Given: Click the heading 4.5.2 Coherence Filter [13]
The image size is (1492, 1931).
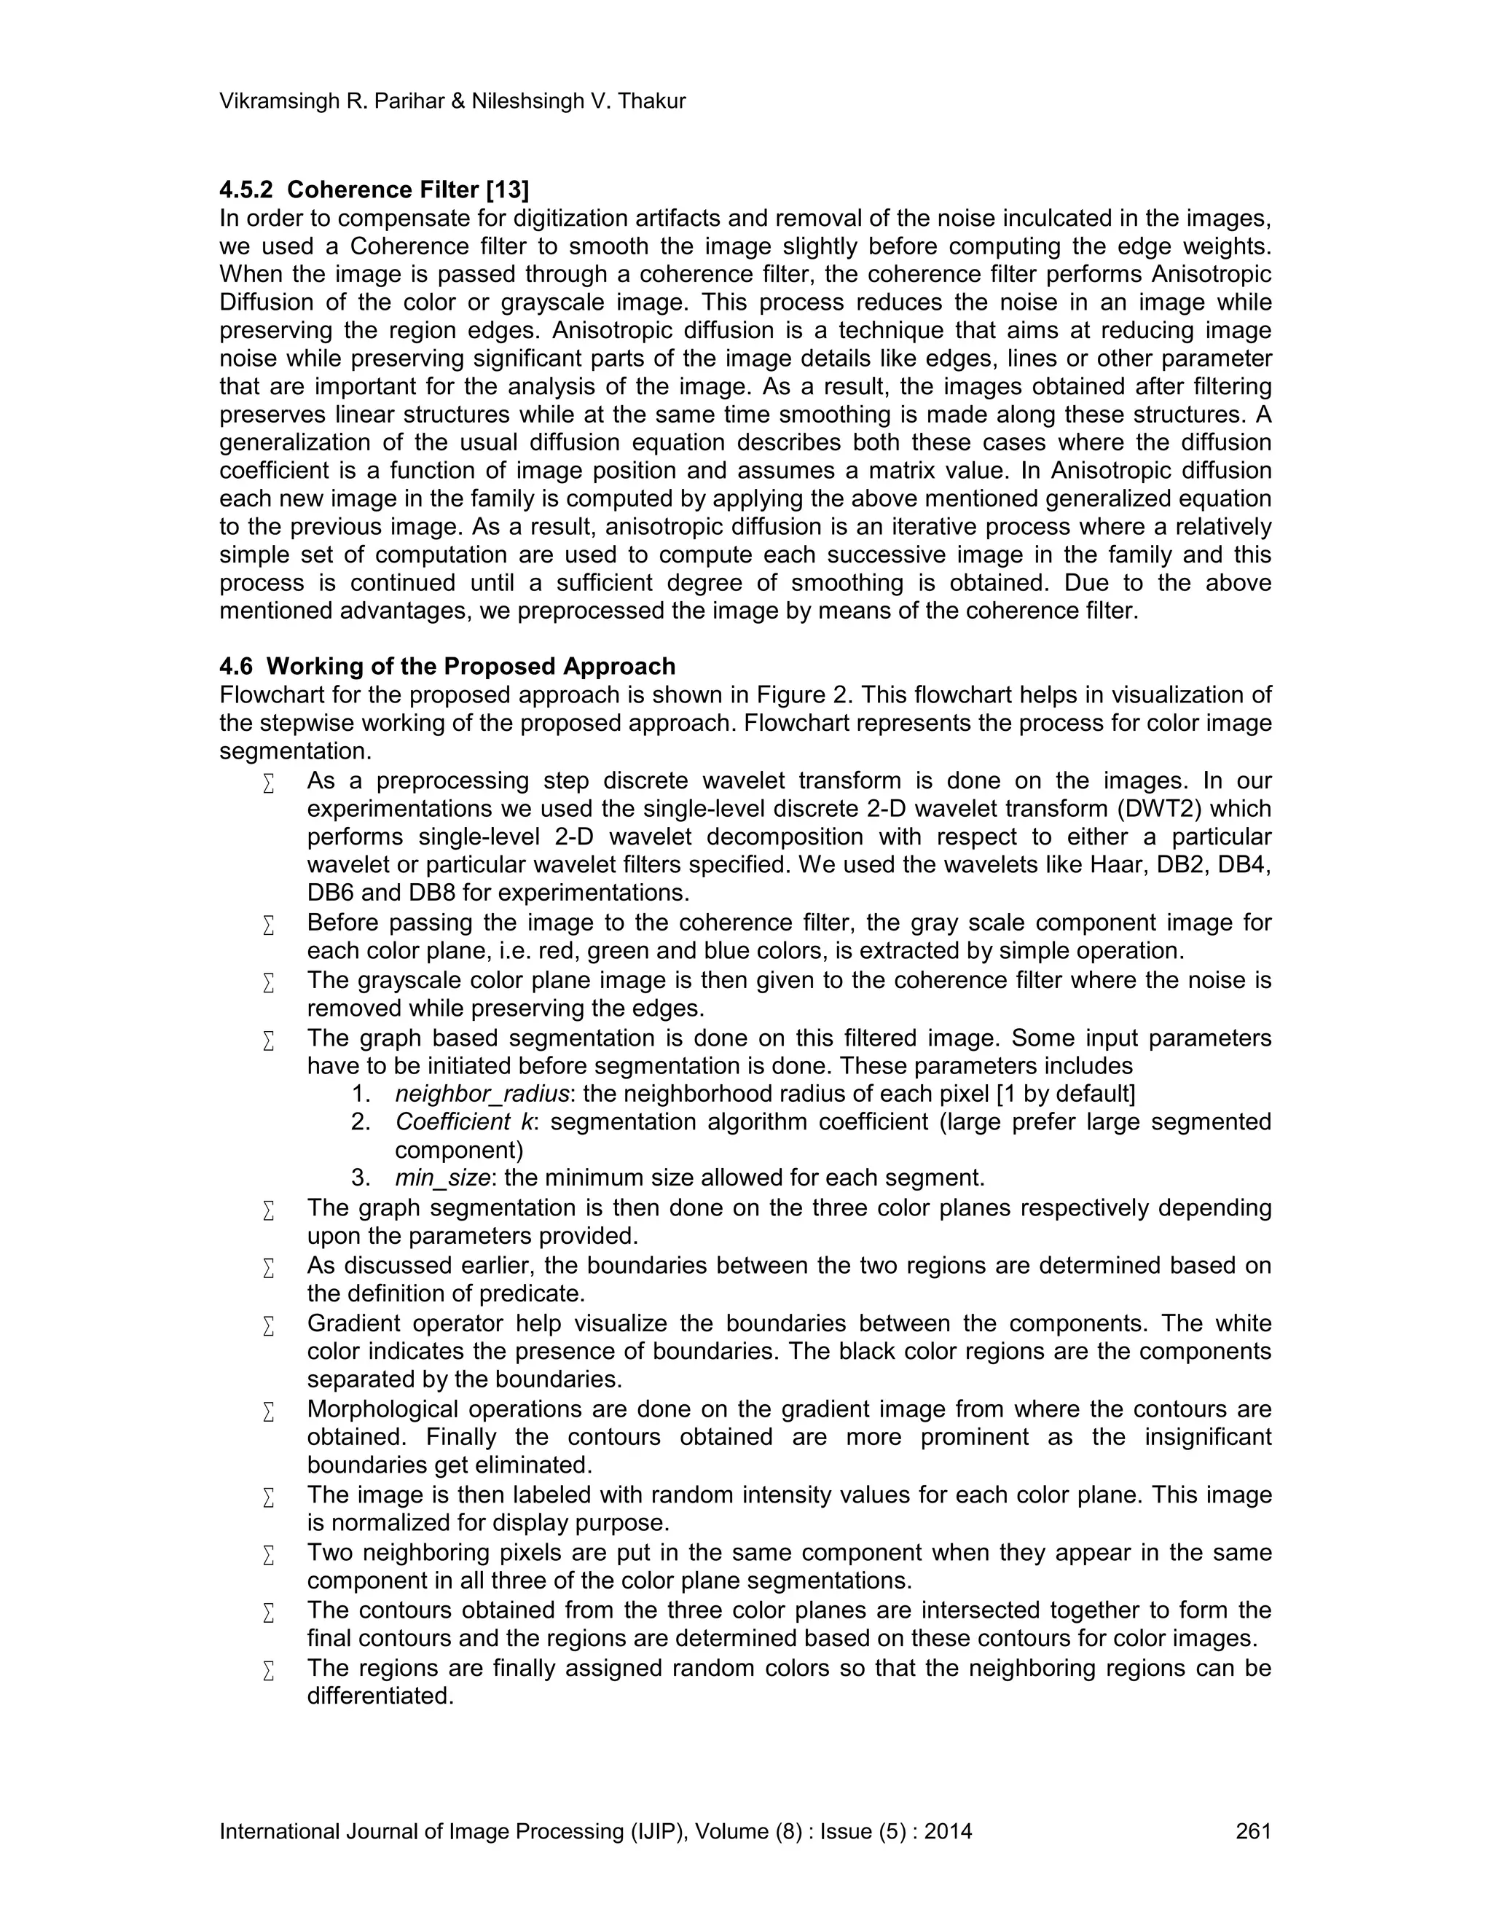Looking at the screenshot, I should [374, 190].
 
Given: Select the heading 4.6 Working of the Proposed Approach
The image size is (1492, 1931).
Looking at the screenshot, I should [447, 666].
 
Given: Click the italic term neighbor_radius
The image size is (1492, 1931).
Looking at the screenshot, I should [482, 1094].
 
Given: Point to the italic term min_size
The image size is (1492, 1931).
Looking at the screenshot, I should [442, 1178].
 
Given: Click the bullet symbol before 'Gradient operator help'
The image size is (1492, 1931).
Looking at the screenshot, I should [269, 1325].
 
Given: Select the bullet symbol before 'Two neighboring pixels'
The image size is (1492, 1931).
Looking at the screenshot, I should [269, 1554].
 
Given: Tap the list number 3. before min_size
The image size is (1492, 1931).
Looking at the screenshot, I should [361, 1178].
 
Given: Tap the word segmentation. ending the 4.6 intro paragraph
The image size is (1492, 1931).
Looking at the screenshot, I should [295, 751].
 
